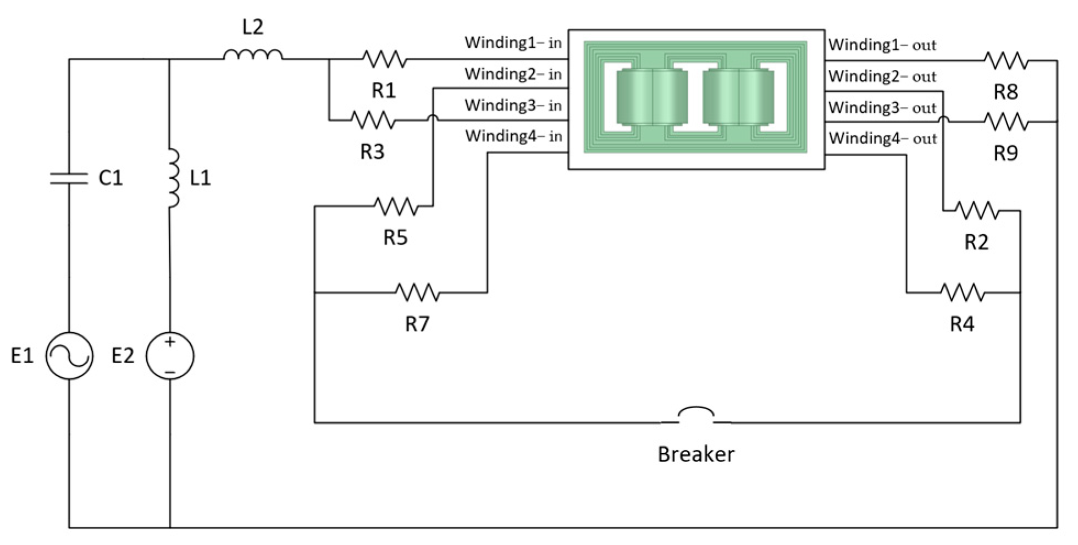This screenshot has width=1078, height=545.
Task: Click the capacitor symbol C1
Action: [69, 178]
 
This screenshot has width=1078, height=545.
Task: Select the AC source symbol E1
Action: [69, 356]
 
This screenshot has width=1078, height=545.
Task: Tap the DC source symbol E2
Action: [170, 356]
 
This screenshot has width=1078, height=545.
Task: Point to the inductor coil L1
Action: [173, 178]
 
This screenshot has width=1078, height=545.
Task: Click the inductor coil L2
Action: [253, 55]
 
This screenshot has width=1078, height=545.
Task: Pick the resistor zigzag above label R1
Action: [384, 59]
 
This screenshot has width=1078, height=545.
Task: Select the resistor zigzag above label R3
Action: [373, 120]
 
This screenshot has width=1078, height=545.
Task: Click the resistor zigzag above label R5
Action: [396, 206]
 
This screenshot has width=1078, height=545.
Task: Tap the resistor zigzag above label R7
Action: [417, 292]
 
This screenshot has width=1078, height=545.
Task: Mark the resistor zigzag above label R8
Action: [1006, 60]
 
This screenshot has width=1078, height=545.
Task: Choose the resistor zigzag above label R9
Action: [1006, 122]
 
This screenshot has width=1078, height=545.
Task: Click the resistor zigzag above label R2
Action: [977, 210]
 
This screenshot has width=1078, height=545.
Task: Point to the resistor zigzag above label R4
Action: [962, 292]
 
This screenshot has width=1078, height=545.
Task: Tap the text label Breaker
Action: [696, 454]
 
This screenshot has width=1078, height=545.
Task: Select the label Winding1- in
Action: [513, 43]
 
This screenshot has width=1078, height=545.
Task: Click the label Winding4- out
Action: [882, 138]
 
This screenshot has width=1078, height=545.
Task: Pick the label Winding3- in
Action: [513, 105]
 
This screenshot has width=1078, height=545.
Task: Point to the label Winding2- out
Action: [882, 76]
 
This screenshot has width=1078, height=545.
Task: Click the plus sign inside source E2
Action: [170, 342]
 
